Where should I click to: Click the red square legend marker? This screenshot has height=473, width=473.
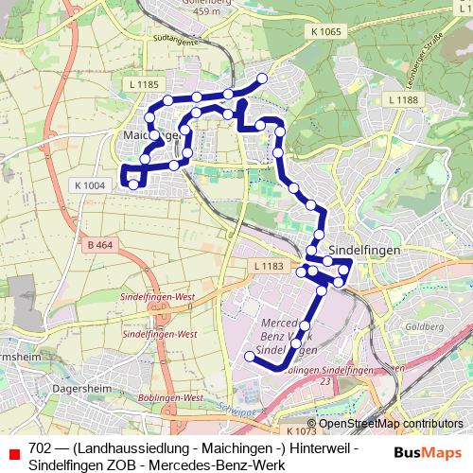tap(13, 453)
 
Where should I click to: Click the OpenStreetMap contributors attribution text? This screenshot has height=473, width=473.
tap(384, 423)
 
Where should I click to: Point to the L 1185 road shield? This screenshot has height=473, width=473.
tap(142, 85)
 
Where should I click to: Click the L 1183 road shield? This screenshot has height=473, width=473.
tap(269, 268)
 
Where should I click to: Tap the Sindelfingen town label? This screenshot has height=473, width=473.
tap(370, 248)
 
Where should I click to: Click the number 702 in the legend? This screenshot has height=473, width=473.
tap(40, 447)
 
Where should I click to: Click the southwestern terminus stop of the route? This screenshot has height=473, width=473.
tap(250, 357)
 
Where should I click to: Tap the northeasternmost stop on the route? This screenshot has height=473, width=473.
tap(262, 79)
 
